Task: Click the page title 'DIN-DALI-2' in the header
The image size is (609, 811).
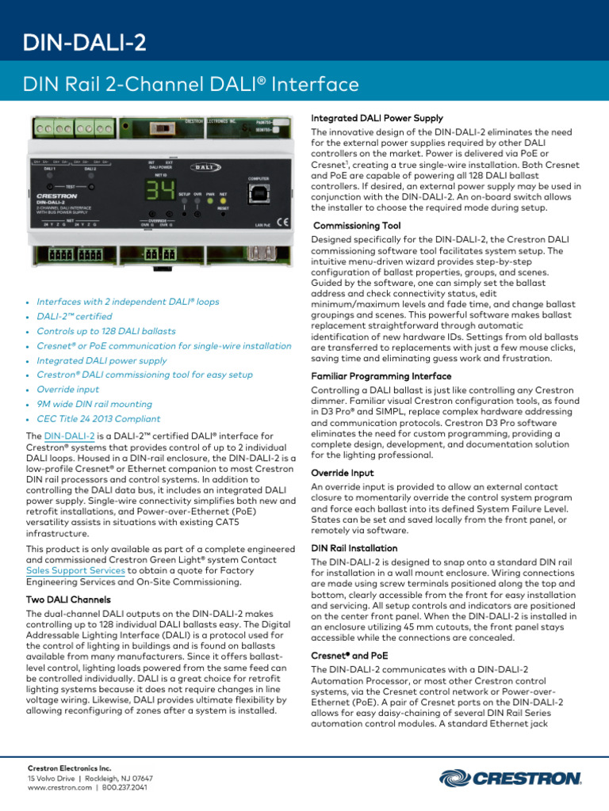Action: [x=84, y=42]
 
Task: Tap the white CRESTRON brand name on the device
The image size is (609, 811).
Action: [x=56, y=195]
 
